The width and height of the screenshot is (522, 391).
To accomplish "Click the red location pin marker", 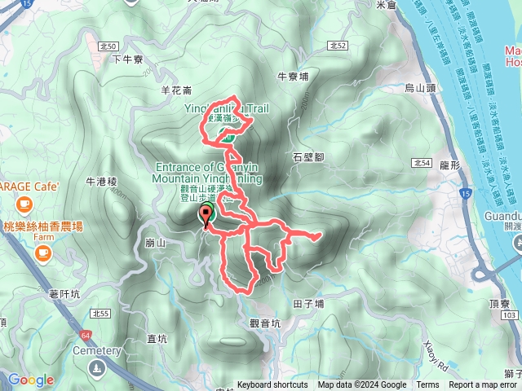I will [x=205, y=216].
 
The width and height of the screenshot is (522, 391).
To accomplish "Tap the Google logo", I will [x=30, y=380].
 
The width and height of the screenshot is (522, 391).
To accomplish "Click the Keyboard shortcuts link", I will [x=272, y=385].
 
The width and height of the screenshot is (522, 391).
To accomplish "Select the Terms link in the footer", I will [x=427, y=385].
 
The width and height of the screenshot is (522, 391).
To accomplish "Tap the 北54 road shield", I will [x=422, y=163].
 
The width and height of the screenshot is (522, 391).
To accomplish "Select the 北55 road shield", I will [x=101, y=313].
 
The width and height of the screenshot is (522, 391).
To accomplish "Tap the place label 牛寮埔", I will [x=294, y=77].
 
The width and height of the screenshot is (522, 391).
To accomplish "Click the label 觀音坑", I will [x=264, y=323].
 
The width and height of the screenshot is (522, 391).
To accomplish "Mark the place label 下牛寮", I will [x=127, y=59].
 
